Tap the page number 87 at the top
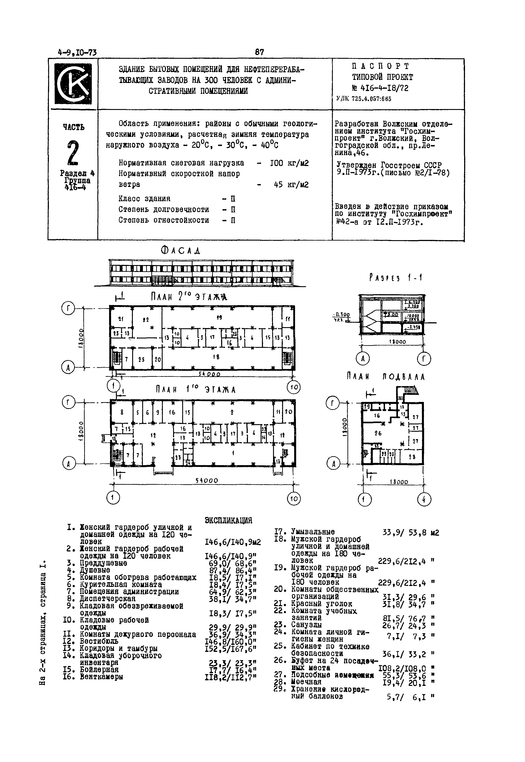[x=259, y=52]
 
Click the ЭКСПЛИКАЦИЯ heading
[x=229, y=521]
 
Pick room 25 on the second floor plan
[x=142, y=360]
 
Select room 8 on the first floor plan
[x=122, y=411]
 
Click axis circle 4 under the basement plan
[x=424, y=500]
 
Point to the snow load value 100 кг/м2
[x=289, y=163]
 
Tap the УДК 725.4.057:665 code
[x=363, y=99]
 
